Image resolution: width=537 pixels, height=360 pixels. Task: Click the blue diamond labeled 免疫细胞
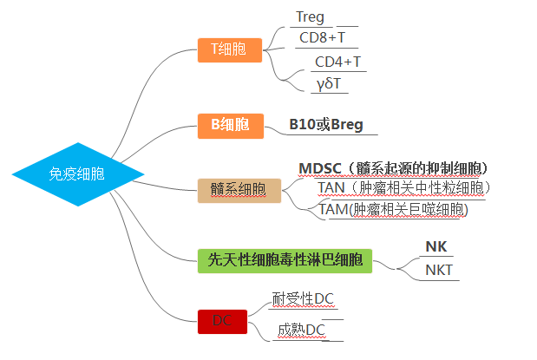coord(78,174)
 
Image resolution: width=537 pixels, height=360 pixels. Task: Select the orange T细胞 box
coord(230,50)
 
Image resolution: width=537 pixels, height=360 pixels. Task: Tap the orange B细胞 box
coord(231,126)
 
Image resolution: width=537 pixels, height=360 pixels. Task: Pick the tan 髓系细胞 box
coord(239,191)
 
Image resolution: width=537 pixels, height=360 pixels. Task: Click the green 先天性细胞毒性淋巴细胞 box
coord(285,260)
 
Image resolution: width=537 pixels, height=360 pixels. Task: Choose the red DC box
coord(222,322)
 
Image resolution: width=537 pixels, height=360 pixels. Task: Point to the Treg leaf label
coord(310,17)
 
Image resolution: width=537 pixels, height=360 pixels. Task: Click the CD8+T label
coord(322,37)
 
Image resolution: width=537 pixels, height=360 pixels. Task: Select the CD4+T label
coord(337,62)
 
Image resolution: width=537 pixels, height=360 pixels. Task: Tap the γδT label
coord(329,83)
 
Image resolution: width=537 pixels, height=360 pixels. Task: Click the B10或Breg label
coord(326,124)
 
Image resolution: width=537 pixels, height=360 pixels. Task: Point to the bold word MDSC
coord(320,168)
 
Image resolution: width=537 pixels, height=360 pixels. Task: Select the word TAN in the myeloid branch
coord(331,187)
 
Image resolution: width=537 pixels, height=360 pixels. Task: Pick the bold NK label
coord(436,246)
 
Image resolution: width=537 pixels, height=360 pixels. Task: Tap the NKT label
coord(439,271)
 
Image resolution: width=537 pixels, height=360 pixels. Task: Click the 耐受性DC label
coord(303,298)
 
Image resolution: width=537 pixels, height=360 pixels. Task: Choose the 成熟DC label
coord(301,331)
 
